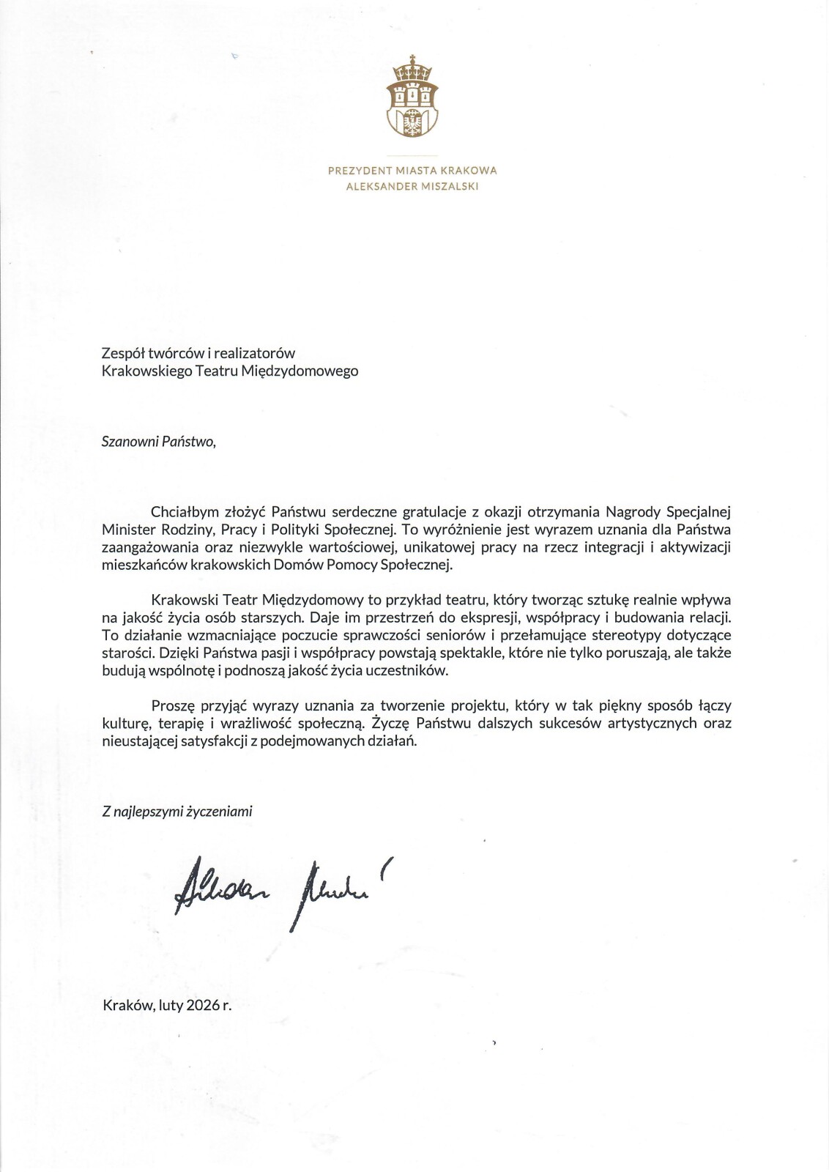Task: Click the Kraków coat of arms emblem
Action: (414, 97)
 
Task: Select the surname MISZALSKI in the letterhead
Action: (450, 186)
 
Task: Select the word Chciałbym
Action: (180, 511)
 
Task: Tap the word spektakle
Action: (466, 652)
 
